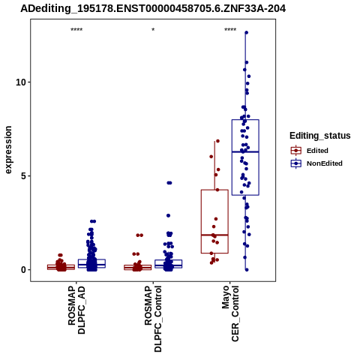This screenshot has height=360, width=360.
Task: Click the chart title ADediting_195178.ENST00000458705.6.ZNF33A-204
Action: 153,9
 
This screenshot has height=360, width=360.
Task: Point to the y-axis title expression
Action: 8,150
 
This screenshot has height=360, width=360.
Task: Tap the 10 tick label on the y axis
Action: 21,82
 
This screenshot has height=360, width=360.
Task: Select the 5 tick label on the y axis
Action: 24,176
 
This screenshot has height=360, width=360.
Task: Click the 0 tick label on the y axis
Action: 24,270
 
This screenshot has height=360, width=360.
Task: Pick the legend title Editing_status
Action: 320,136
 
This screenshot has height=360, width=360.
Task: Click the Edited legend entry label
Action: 317,151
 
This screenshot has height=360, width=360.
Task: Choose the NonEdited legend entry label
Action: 325,163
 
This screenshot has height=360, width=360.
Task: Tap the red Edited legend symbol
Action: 296,151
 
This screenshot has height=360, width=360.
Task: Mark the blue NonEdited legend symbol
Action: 296,163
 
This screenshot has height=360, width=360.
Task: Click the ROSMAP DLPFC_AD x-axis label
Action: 76,310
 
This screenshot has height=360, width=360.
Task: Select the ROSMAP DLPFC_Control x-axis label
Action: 153,319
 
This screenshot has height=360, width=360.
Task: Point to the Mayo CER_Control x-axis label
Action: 230,313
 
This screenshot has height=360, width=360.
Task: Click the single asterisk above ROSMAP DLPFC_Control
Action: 153,30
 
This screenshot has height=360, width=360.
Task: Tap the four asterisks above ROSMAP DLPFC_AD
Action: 76,30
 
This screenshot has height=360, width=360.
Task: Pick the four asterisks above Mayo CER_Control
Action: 230,30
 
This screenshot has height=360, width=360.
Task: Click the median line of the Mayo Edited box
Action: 214,235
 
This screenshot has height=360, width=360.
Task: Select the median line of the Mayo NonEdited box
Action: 245,151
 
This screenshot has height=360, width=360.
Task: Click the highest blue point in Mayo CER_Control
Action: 247,32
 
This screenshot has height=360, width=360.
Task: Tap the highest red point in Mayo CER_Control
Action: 217,141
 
